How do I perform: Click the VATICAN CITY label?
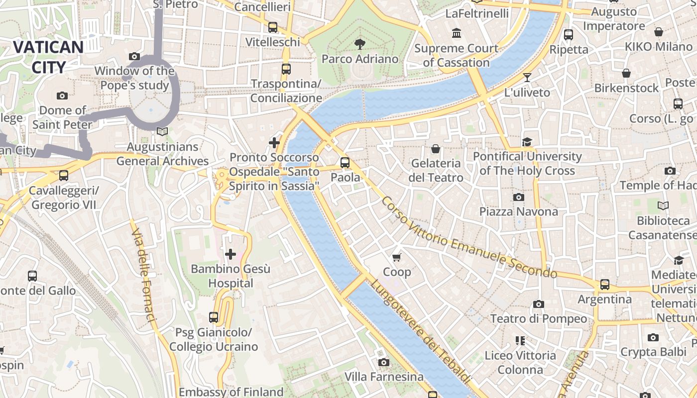pos(48,57)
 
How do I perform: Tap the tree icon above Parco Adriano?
pos(359,44)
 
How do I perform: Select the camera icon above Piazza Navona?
pos(518,197)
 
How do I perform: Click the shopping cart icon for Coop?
pos(397,257)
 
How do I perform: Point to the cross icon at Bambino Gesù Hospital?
pos(231,254)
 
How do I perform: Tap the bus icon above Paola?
pos(345,162)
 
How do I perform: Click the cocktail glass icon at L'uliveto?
pos(527,78)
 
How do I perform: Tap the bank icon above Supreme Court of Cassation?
pos(456,33)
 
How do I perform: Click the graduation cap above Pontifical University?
pos(527,142)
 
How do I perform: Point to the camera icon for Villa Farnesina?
pos(383,362)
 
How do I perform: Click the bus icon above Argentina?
pos(604,284)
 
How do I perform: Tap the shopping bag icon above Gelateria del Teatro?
pos(436,148)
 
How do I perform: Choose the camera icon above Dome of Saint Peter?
pos(62,96)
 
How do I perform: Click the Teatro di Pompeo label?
pos(539,318)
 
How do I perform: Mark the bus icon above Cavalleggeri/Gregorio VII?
pos(63,175)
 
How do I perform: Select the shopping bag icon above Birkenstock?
pos(626,74)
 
